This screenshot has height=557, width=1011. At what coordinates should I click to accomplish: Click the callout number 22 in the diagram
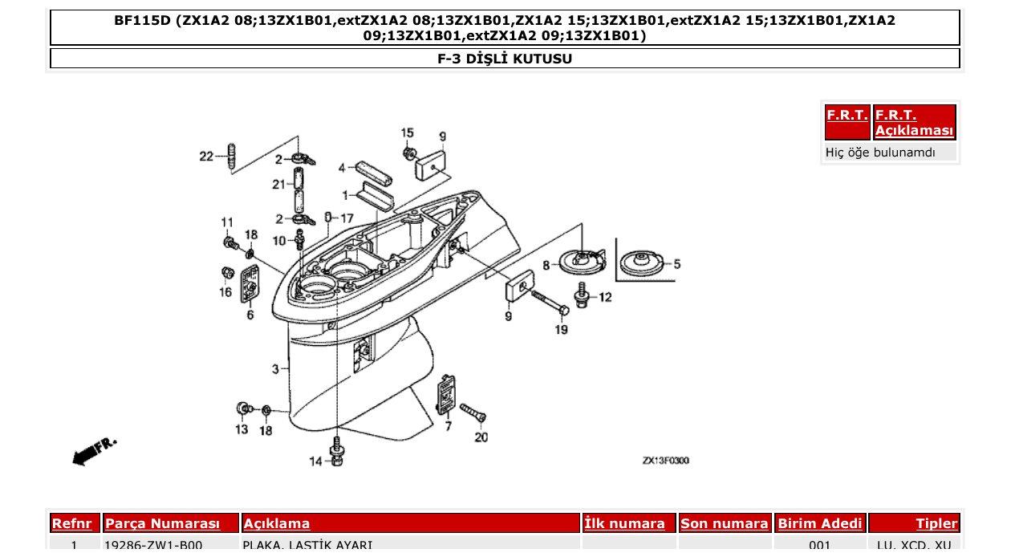206,157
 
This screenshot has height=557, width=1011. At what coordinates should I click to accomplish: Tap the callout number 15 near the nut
408,132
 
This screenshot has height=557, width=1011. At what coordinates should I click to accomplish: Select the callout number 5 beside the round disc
676,263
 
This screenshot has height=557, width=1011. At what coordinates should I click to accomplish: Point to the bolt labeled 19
550,303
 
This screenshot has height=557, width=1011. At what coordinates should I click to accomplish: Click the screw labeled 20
473,415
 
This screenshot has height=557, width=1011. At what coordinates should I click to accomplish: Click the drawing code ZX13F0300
665,461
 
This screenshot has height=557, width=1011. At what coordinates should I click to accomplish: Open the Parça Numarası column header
163,524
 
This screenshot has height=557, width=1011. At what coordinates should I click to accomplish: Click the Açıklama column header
277,524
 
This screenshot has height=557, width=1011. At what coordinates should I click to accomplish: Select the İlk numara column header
624,524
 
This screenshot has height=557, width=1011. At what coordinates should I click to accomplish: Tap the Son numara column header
724,524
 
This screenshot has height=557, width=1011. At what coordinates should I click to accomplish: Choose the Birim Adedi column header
820,524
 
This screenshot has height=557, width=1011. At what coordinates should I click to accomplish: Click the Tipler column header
936,524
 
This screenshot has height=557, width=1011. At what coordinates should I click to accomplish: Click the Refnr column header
71,524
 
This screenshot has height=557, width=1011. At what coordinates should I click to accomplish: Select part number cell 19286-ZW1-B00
153,546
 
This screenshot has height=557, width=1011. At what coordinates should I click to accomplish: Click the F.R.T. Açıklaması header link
914,123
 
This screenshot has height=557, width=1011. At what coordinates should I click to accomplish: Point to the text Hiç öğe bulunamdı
880,152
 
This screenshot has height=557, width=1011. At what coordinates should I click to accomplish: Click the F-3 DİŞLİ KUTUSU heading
505,59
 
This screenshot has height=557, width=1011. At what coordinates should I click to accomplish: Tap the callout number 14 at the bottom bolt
316,461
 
